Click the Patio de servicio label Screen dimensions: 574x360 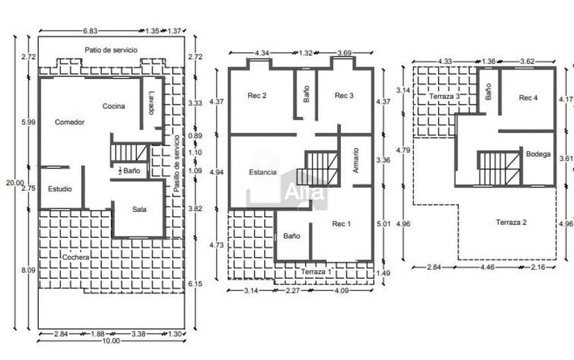(111, 50)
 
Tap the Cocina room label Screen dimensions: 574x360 (114, 106)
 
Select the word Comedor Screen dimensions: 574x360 (69, 122)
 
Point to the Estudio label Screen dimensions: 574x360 (60, 189)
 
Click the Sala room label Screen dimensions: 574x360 (139, 209)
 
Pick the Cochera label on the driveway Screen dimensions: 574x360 (76, 257)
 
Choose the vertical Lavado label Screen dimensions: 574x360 (152, 103)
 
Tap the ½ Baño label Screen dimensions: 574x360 (129, 171)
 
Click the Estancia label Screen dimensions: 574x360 (263, 172)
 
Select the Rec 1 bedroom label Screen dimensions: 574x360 (341, 224)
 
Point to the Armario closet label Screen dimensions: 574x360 (355, 160)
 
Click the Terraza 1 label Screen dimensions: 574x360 (316, 272)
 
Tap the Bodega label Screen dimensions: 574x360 (538, 154)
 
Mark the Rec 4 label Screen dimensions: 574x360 (528, 98)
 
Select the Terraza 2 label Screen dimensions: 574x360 (511, 222)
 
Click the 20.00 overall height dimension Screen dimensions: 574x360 (15, 182)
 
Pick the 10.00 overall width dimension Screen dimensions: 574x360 (111, 341)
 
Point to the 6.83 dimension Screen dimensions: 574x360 (90, 31)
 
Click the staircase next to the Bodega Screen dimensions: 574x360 (498, 169)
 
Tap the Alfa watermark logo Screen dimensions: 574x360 (304, 191)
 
